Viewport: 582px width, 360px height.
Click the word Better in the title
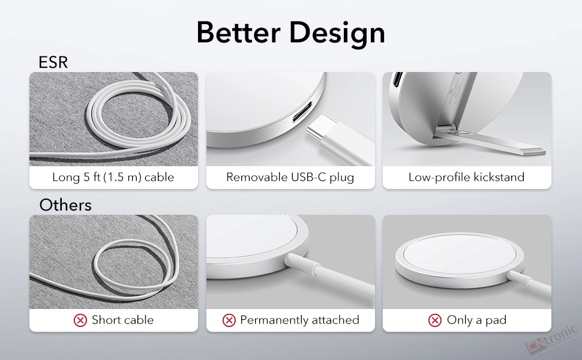tap(238, 32)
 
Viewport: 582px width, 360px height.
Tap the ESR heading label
tap(53, 62)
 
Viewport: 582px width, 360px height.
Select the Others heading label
tap(65, 205)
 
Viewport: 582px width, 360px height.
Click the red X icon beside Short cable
tap(80, 320)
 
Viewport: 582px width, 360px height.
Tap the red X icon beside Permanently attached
tap(229, 320)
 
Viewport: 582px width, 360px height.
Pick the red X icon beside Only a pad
tap(435, 320)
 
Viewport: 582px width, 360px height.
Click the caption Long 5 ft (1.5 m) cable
tap(113, 177)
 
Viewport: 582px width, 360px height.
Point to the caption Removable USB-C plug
tap(290, 177)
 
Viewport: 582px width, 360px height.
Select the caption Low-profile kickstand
tap(467, 177)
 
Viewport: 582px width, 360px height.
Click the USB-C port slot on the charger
tap(302, 112)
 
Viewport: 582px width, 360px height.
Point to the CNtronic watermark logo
tap(552, 338)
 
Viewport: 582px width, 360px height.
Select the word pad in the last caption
tap(496, 320)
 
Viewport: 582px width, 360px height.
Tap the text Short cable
tap(123, 320)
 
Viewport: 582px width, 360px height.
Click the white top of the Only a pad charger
tap(459, 254)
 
